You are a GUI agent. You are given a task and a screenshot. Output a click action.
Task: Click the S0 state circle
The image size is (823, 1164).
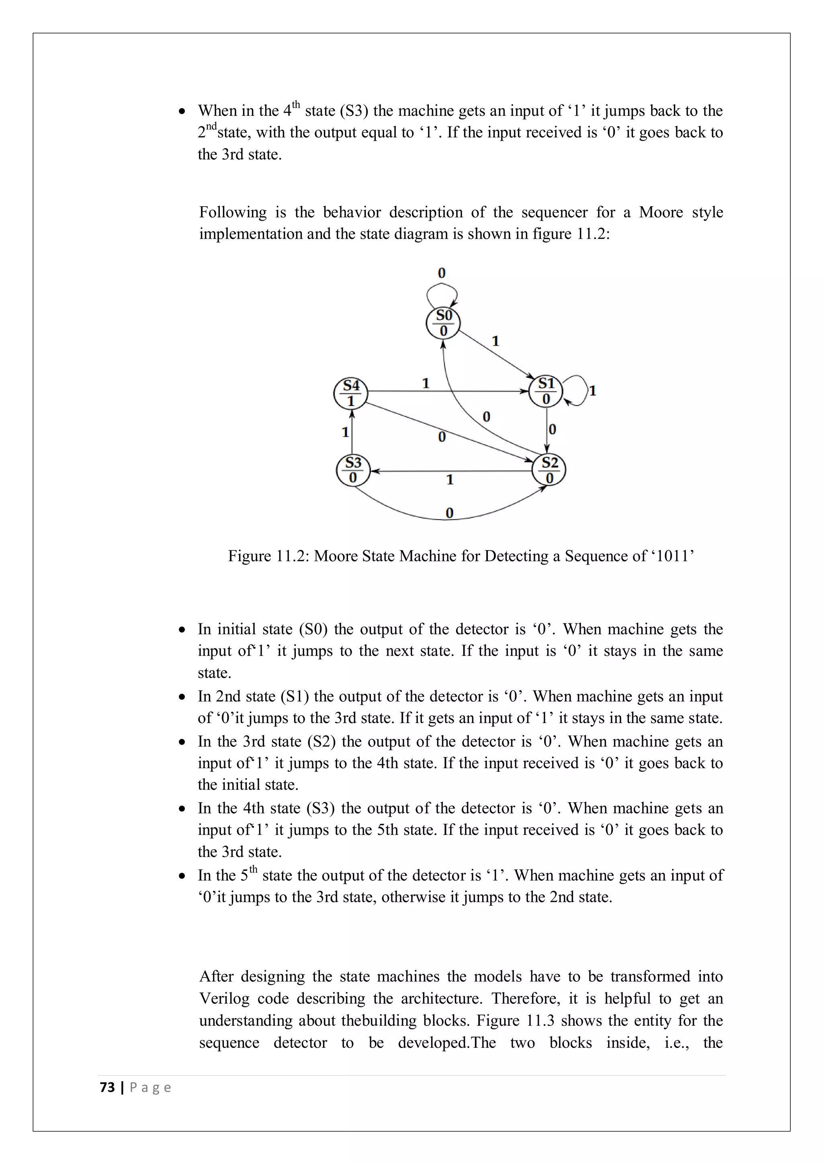tap(443, 323)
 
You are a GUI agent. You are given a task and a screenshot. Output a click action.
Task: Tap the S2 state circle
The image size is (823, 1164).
tap(549, 470)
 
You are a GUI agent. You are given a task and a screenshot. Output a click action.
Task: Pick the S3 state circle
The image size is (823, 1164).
tap(353, 470)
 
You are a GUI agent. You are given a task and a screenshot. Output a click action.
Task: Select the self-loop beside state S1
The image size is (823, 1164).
tap(578, 390)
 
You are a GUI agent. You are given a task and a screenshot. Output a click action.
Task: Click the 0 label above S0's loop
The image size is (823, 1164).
tap(441, 273)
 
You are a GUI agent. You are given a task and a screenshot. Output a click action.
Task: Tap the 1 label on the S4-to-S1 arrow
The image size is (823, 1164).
tap(426, 383)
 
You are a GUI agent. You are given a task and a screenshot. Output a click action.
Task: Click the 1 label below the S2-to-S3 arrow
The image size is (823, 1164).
tap(450, 480)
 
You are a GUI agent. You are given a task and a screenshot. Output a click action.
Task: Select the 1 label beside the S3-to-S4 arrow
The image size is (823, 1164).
tap(345, 432)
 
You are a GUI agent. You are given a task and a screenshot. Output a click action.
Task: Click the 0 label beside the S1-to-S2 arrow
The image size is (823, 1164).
tap(553, 429)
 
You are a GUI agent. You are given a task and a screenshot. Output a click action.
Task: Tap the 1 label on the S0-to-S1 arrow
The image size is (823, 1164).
tap(495, 341)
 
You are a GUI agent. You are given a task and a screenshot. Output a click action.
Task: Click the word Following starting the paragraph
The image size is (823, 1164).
tap(233, 212)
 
